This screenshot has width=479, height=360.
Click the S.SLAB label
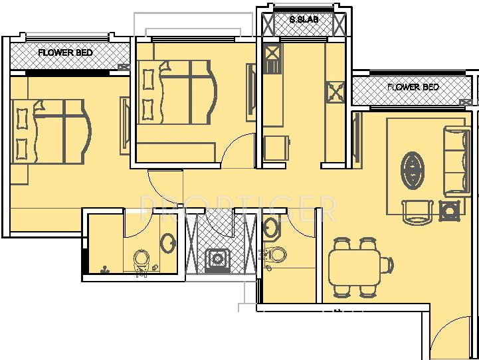click(x=304, y=20)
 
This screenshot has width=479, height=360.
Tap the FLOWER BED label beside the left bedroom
click(x=65, y=52)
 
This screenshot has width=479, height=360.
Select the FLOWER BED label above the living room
click(x=413, y=87)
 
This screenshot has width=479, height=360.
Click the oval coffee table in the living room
click(x=413, y=169)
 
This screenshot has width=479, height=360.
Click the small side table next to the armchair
click(x=450, y=212)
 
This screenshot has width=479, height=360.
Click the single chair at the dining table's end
click(x=386, y=265)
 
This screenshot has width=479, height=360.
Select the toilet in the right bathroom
click(x=276, y=254)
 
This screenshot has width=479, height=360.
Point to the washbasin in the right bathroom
click(x=271, y=228)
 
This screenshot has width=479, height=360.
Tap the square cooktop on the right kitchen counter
click(x=335, y=91)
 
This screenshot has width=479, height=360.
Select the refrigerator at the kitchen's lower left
click(x=275, y=148)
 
